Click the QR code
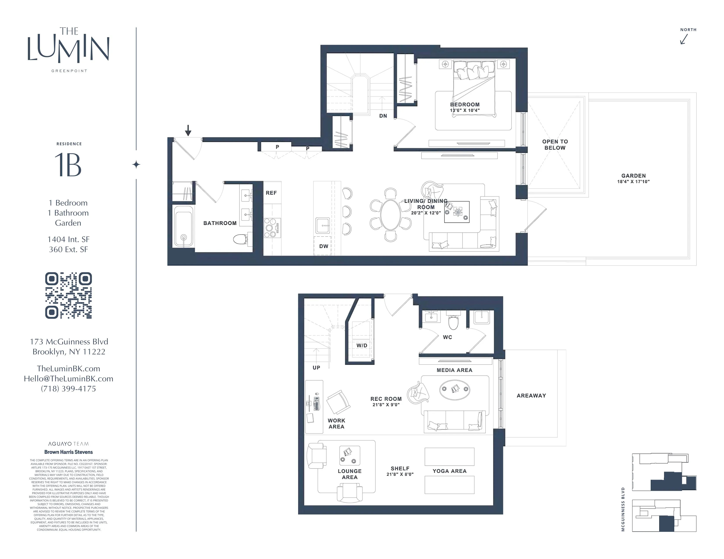[68, 296]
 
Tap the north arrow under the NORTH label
[684, 39]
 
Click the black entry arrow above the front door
[188, 130]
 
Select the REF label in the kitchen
[271, 193]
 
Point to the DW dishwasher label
[324, 246]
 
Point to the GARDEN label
[633, 176]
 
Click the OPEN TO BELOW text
[555, 145]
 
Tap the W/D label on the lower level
[362, 345]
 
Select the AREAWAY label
[531, 395]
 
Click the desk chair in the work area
[338, 402]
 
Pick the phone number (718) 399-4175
[68, 389]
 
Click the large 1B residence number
[68, 165]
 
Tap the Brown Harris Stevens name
[68, 452]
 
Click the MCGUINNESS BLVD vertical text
[623, 509]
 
